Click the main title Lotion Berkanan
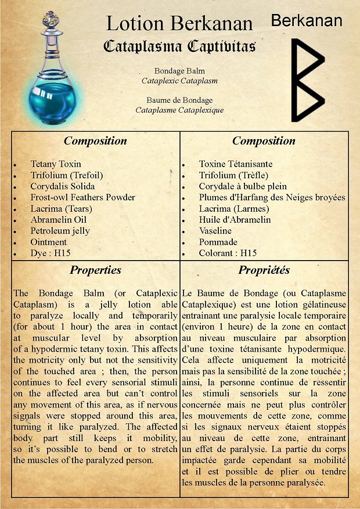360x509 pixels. pyautogui.click(x=179, y=24)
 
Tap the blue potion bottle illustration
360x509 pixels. pyautogui.click(x=49, y=87)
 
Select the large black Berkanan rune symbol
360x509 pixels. pyautogui.click(x=307, y=80)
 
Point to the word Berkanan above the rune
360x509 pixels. pyautogui.click(x=306, y=21)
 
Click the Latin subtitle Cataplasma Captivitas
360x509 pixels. pyautogui.click(x=179, y=46)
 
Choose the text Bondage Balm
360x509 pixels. pyautogui.click(x=179, y=71)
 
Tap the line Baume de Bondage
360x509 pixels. pyautogui.click(x=179, y=100)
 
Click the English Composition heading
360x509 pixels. pyautogui.click(x=95, y=141)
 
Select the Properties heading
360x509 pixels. pyautogui.click(x=95, y=270)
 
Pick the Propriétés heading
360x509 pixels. pyautogui.click(x=264, y=270)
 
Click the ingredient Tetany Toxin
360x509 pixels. pyautogui.click(x=56, y=164)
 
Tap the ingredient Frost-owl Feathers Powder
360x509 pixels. pyautogui.click(x=82, y=197)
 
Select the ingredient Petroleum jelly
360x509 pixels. pyautogui.click(x=60, y=231)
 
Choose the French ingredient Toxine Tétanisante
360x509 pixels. pyautogui.click(x=235, y=164)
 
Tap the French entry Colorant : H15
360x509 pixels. pyautogui.click(x=228, y=253)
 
